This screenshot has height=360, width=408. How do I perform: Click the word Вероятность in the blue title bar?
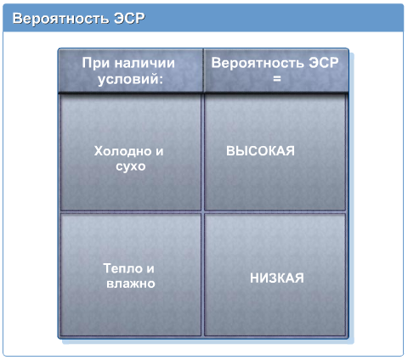[x=60, y=19]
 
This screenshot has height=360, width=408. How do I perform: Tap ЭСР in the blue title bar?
[x=129, y=18]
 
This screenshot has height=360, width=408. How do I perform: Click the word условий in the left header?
[x=127, y=80]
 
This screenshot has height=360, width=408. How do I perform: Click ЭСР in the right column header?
[x=324, y=63]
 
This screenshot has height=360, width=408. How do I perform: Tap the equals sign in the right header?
[x=277, y=79]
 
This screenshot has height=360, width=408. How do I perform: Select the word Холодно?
[x=122, y=151]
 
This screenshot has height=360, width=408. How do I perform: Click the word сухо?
[x=131, y=166]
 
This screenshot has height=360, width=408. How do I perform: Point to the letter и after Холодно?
[x=160, y=152]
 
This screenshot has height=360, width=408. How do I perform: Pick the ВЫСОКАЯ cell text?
[x=260, y=151]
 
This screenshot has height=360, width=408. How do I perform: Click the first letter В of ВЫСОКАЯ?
[x=230, y=151]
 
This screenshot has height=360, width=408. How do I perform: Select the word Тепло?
[x=122, y=268]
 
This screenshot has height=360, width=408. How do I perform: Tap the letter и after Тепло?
[x=150, y=269]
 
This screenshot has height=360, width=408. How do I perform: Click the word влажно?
[x=131, y=284]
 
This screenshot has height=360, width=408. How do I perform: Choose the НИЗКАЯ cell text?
[x=277, y=278]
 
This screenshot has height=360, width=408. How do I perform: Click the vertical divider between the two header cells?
[x=203, y=70]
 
